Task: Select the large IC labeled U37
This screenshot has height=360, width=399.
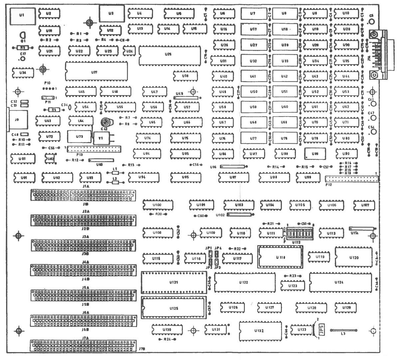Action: (x=96, y=71)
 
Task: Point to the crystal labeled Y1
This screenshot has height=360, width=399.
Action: (x=101, y=138)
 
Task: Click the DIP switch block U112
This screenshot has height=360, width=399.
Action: (x=296, y=233)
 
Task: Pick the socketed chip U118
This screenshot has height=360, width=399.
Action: (x=280, y=257)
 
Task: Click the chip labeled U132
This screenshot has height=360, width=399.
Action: (x=260, y=331)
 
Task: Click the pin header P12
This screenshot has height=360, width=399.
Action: (x=352, y=179)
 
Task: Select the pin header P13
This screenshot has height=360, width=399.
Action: (x=94, y=148)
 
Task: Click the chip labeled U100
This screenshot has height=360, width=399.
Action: (x=158, y=205)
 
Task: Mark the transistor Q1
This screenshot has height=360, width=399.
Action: (x=23, y=35)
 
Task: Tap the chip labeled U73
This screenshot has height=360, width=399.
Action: (x=79, y=136)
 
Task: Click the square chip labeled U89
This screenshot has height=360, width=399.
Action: (x=315, y=154)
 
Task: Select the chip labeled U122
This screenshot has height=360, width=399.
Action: (x=244, y=282)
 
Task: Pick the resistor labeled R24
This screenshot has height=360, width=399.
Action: (x=167, y=339)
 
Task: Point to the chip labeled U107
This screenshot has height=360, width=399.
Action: (x=365, y=205)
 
